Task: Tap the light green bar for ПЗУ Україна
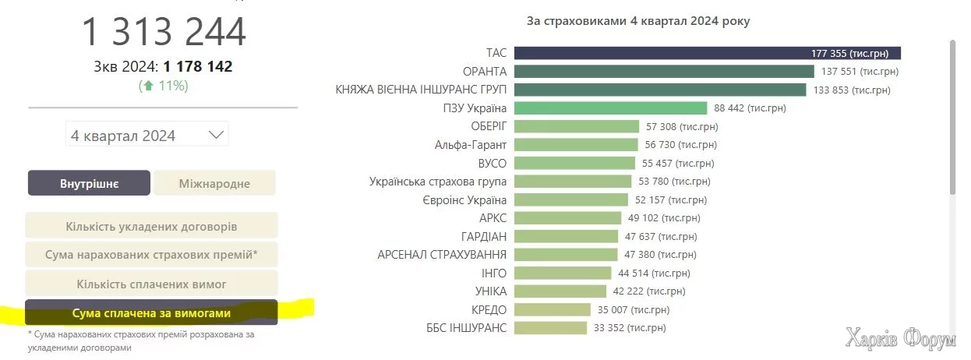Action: (x=610, y=108)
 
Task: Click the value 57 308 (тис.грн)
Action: (x=682, y=126)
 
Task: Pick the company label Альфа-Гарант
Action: (x=470, y=145)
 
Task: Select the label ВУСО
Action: (x=492, y=164)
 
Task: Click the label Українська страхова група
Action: (x=437, y=182)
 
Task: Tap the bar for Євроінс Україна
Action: (x=570, y=199)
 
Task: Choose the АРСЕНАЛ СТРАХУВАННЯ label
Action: (x=441, y=254)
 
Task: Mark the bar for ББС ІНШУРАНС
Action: (x=550, y=327)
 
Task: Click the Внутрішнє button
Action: (x=89, y=183)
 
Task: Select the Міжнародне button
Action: (x=214, y=183)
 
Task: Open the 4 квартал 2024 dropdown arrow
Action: (x=216, y=135)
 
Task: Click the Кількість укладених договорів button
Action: (x=151, y=226)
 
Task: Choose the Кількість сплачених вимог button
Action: (x=151, y=284)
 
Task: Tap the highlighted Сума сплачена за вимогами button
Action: (x=151, y=312)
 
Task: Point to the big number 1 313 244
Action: (x=164, y=32)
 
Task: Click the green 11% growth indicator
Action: (x=164, y=86)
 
